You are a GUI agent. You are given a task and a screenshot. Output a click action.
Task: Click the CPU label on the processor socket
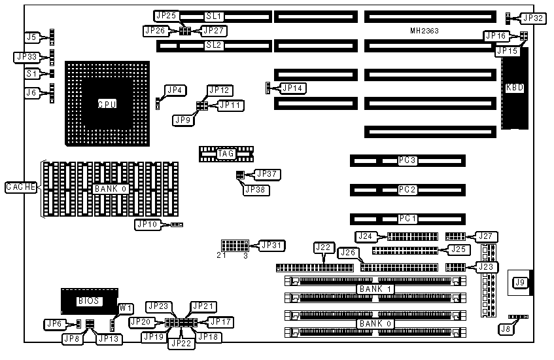point(107,104)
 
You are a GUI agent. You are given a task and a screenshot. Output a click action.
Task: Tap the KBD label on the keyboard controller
point(515,88)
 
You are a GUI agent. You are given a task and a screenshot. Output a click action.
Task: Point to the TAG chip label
point(226,154)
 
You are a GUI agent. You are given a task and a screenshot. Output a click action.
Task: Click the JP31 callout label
point(271,245)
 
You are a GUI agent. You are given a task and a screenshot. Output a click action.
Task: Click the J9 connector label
point(520,283)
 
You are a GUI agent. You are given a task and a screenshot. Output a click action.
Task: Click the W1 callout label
point(126,308)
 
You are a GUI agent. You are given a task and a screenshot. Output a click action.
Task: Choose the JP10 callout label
point(147,225)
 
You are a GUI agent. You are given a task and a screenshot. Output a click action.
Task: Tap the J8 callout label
point(504,329)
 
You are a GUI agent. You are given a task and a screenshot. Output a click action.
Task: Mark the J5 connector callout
point(31,37)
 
